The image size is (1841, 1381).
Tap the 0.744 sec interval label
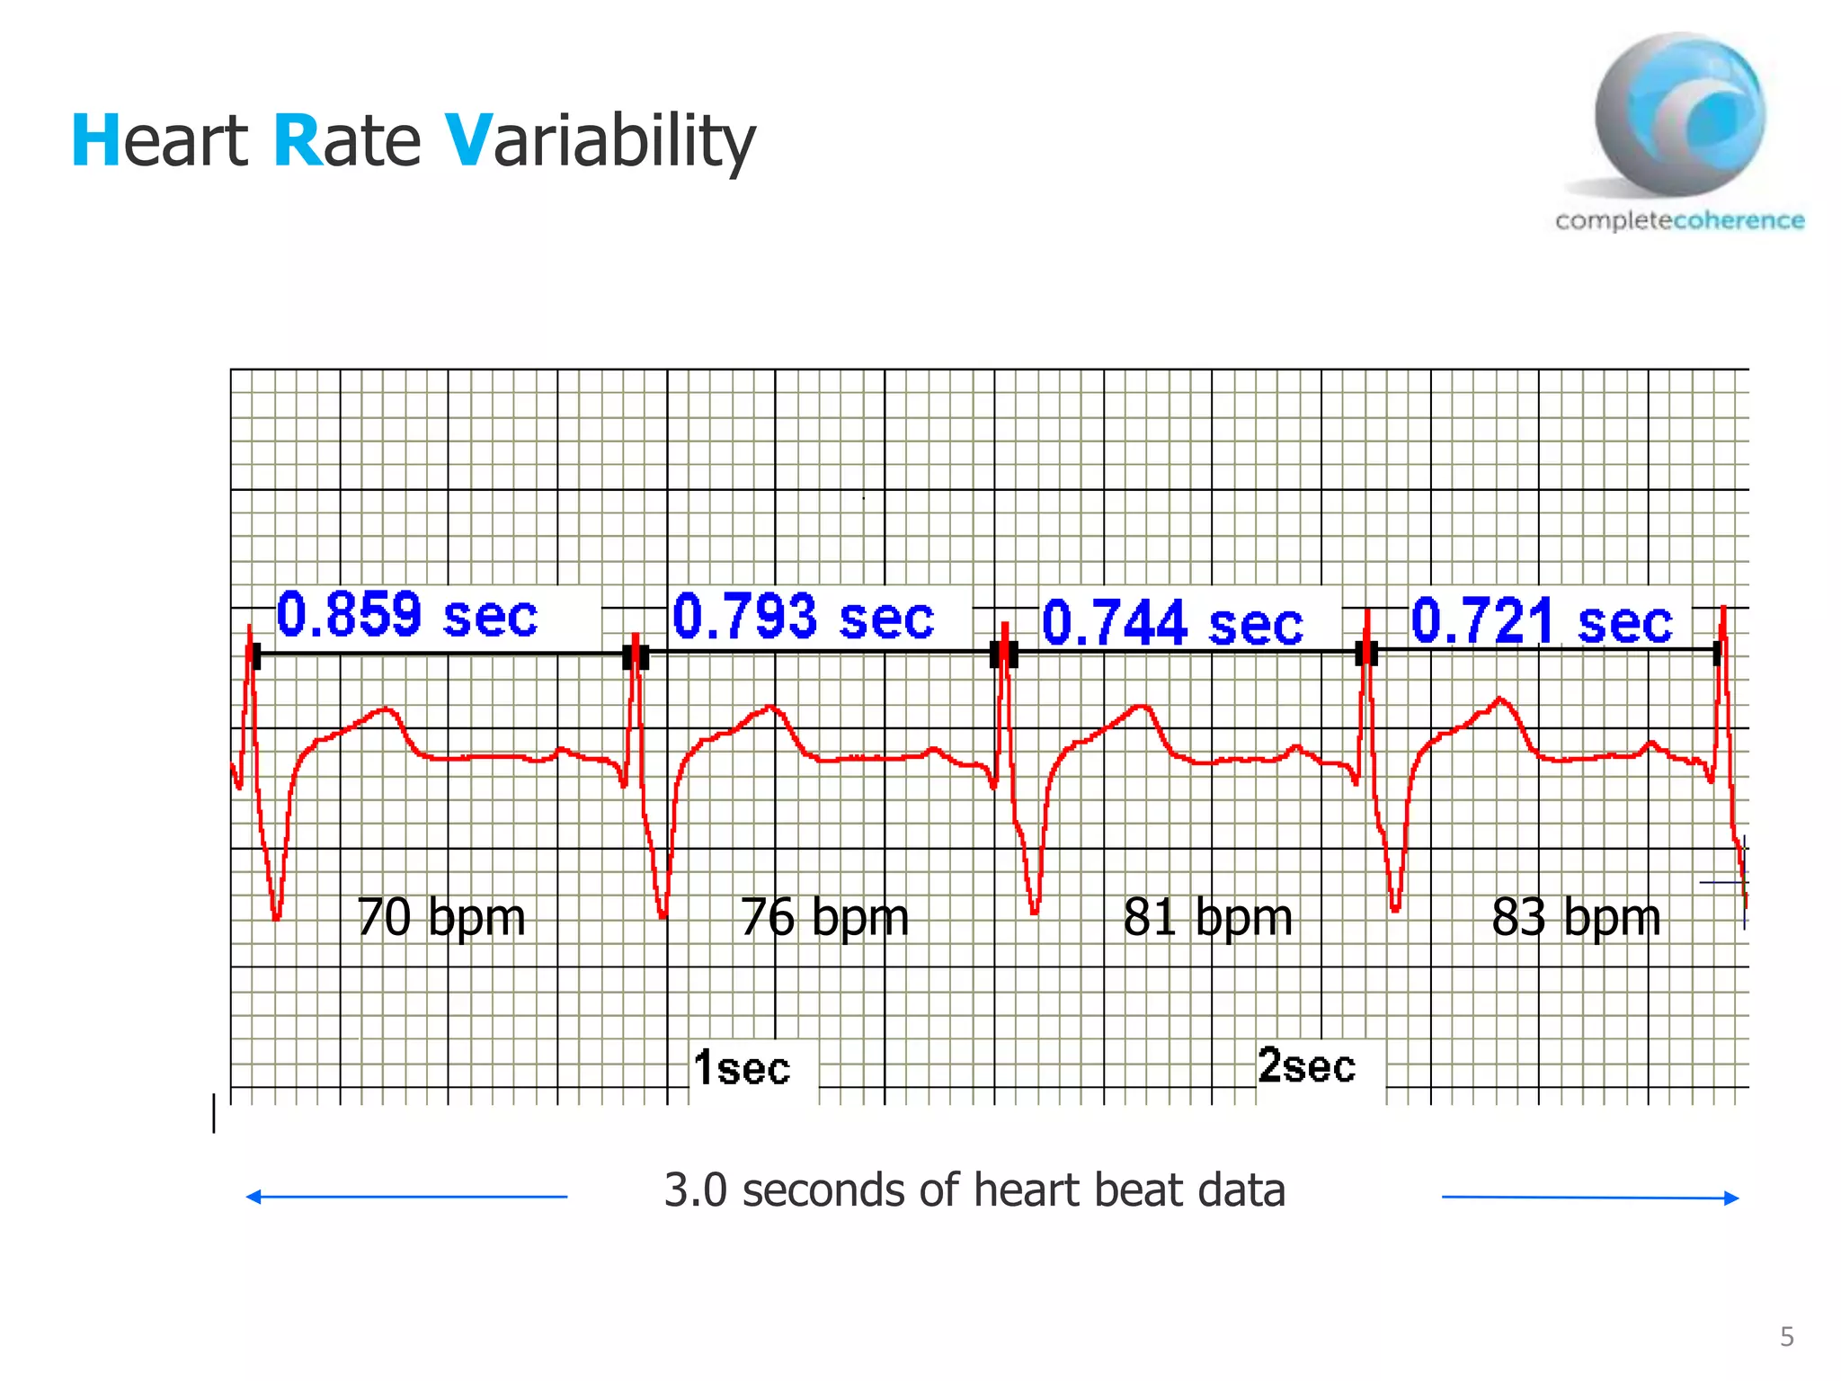1172,622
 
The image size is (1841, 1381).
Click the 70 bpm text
440,917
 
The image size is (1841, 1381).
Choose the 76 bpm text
824,917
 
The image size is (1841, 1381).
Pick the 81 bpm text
1207,917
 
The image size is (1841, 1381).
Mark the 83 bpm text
1576,917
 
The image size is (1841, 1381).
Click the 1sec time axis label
742,1068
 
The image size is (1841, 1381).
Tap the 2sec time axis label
1306,1065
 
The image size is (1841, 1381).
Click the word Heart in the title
159,141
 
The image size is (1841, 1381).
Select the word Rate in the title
346,141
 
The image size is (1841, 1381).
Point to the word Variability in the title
600,141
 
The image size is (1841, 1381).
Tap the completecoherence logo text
1679,220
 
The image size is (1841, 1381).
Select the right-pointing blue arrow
1590,1198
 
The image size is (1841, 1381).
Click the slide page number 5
1787,1337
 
